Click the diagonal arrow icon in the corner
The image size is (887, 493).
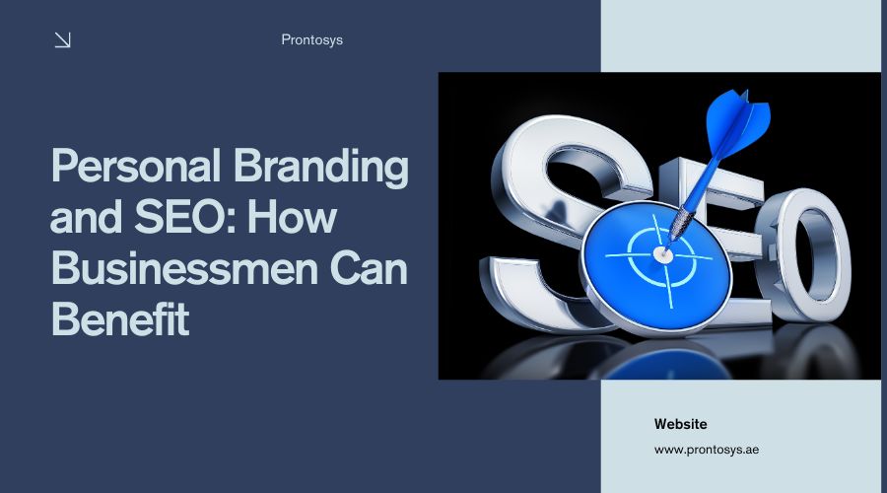pyautogui.click(x=62, y=40)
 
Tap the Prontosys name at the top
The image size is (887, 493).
pyautogui.click(x=311, y=40)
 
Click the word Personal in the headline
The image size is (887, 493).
pyautogui.click(x=136, y=167)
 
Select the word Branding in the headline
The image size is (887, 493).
pyautogui.click(x=320, y=167)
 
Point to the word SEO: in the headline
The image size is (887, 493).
pyautogui.click(x=184, y=217)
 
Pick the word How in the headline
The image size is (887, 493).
pyautogui.click(x=292, y=217)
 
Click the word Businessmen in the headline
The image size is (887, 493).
pyautogui.click(x=184, y=268)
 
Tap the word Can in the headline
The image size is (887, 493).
pyautogui.click(x=369, y=268)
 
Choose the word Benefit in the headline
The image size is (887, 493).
pyautogui.click(x=120, y=318)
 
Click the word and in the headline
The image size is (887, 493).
pyautogui.click(x=86, y=217)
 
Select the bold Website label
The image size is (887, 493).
pyautogui.click(x=680, y=424)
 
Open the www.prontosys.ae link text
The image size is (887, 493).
pyautogui.click(x=707, y=450)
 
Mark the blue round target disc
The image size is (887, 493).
pyautogui.click(x=656, y=265)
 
